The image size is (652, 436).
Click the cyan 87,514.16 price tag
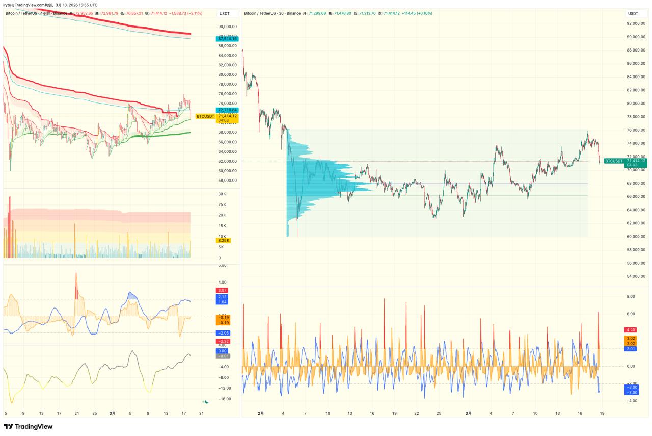click(227, 39)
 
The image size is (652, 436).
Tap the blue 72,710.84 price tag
click(227, 110)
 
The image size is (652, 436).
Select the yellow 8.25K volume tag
click(224, 240)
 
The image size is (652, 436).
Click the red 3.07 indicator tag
click(223, 290)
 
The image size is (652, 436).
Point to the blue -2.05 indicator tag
click(223, 333)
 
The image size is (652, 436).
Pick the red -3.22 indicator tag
click(223, 341)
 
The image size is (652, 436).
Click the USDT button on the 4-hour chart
click(224, 14)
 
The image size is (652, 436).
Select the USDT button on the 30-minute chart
click(633, 14)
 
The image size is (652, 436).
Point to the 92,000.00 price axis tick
click(636, 23)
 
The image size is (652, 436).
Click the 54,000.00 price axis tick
click(636, 276)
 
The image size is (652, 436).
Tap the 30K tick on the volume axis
click(222, 194)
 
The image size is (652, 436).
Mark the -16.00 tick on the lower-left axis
click(225, 399)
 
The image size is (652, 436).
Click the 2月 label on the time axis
click(261, 413)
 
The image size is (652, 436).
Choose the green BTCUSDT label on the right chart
click(613, 161)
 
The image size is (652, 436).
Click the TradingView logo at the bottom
click(29, 426)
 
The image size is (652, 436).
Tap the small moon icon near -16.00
click(206, 402)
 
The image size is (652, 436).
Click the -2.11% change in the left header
click(193, 13)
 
